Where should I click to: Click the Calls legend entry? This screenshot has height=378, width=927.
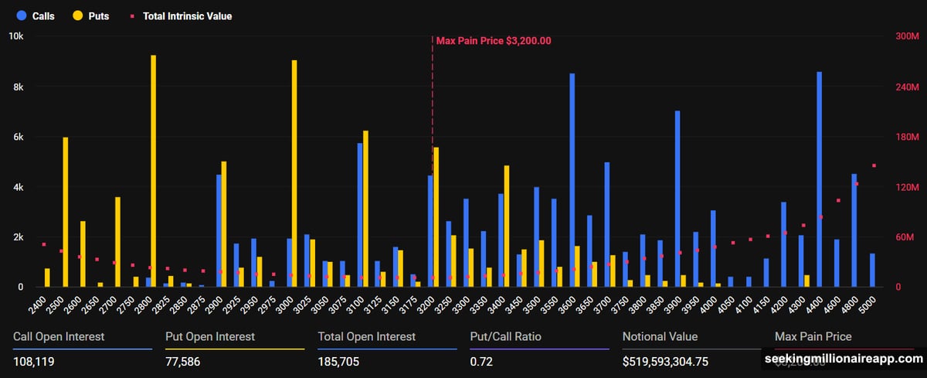36,15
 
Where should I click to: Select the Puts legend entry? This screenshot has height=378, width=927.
90,15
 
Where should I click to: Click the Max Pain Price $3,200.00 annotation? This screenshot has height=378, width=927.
493,41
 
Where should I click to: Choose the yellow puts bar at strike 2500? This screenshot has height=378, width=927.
66,212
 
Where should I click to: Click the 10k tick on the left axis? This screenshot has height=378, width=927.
15,36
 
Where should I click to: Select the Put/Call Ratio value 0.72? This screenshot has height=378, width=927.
481,361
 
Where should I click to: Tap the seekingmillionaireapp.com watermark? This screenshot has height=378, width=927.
844,359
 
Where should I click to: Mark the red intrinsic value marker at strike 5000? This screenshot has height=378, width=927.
874,165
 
